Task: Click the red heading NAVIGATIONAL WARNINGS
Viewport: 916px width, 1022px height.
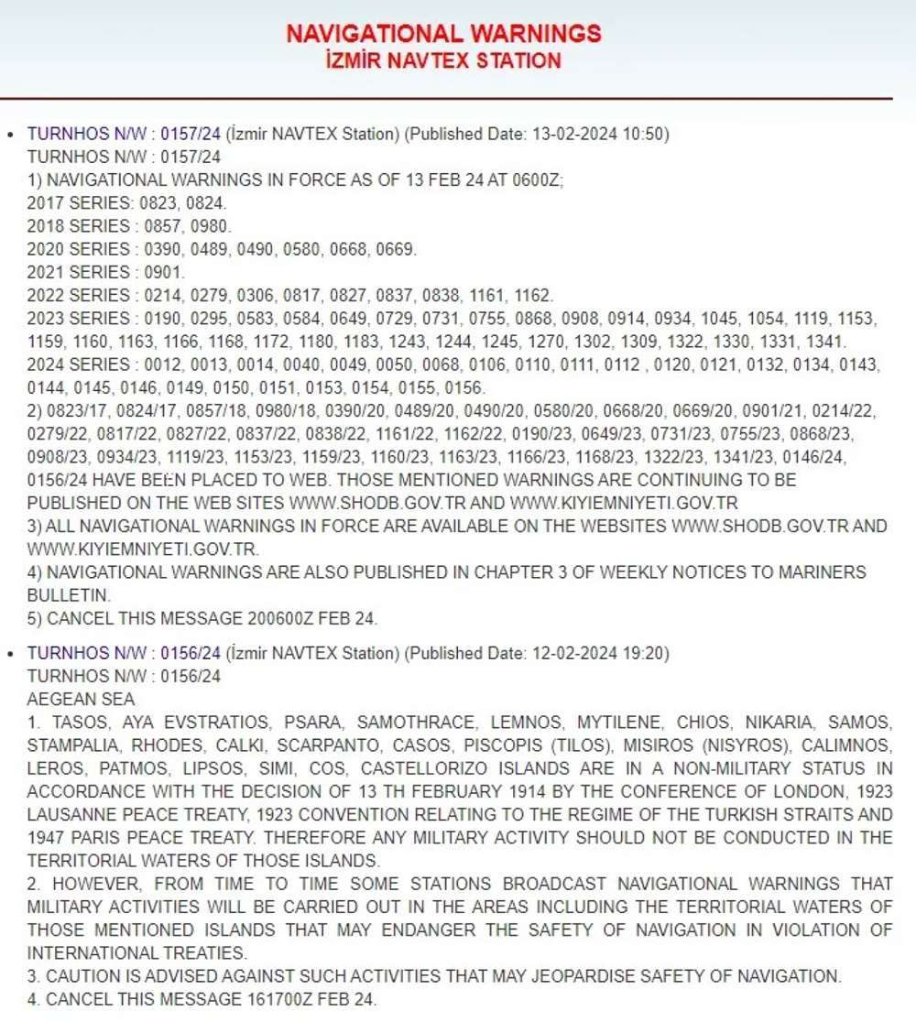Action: (443, 34)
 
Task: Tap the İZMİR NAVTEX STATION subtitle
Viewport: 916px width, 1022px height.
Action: (443, 61)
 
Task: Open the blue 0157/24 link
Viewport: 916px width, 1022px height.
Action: (191, 134)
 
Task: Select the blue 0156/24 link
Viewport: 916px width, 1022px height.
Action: (191, 653)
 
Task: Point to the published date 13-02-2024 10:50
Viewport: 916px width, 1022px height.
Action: (599, 134)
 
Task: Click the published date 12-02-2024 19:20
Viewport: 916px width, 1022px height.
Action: (599, 653)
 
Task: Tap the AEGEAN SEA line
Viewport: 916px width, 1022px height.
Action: (81, 700)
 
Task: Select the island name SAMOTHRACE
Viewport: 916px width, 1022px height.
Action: (416, 723)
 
